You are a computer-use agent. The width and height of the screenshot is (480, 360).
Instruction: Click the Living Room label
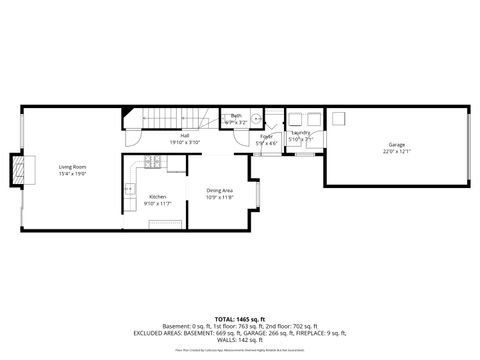tap(72, 166)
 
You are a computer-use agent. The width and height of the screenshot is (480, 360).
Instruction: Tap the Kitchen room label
tap(157, 197)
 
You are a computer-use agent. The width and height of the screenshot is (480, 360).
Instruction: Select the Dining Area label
tap(220, 190)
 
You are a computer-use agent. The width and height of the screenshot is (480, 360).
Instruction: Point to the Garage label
tap(398, 146)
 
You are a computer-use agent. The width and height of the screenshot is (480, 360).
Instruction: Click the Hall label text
tap(185, 135)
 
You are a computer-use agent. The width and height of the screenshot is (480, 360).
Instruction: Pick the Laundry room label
tap(301, 132)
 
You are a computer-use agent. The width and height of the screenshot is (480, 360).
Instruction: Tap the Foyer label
tap(266, 136)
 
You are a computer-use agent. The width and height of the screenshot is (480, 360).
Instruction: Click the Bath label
tap(236, 116)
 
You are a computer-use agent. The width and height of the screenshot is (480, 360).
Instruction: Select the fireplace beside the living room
tap(17, 172)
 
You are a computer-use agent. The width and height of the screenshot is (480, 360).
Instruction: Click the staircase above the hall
tap(175, 119)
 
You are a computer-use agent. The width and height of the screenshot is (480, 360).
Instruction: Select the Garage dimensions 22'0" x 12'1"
tap(398, 153)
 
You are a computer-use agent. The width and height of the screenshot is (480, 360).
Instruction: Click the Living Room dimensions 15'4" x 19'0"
tap(72, 173)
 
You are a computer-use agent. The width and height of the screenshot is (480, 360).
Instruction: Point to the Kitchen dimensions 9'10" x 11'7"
tap(157, 204)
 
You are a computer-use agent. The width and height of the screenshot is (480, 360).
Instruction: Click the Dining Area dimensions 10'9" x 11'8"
tap(220, 197)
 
